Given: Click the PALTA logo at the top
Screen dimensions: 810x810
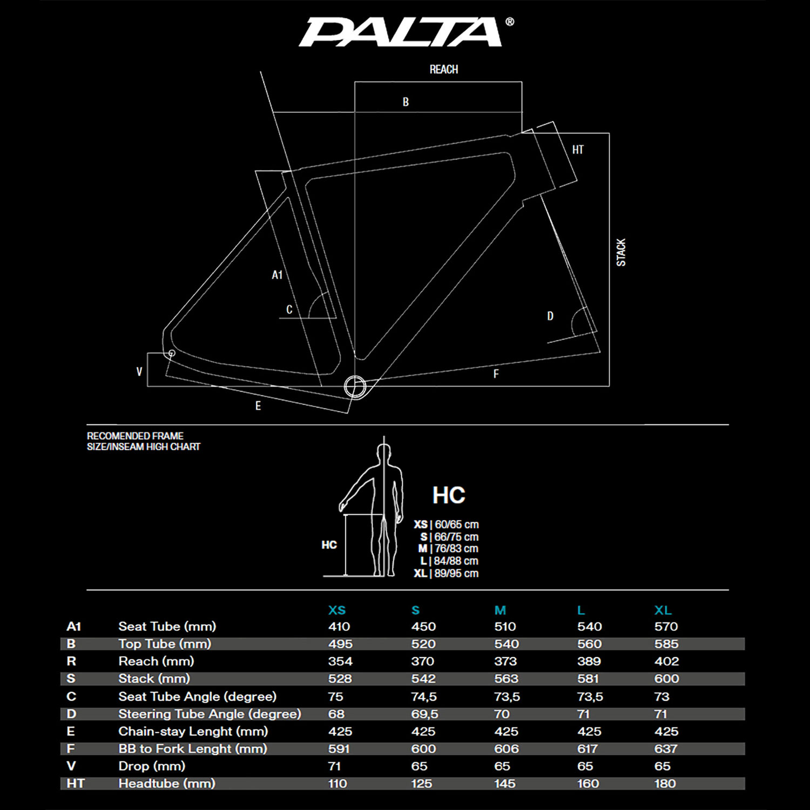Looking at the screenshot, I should click(402, 32).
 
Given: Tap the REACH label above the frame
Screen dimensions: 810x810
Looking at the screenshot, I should click(443, 70).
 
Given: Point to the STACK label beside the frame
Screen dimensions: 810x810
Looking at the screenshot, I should click(621, 252).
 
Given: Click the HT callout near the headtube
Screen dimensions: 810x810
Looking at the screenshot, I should click(578, 150).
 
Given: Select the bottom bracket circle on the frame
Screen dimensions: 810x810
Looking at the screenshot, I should click(355, 387).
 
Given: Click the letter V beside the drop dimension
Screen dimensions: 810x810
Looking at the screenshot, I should click(139, 372).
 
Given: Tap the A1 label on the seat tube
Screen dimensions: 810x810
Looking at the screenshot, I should click(277, 275).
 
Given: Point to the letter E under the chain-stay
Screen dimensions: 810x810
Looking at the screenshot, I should click(258, 406).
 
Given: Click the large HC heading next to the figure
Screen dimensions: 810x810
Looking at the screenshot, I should click(449, 495).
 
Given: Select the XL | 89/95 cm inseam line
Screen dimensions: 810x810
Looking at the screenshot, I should click(446, 573).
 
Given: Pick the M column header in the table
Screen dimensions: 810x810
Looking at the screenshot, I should click(500, 610).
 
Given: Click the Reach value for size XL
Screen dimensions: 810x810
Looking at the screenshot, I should click(666, 661).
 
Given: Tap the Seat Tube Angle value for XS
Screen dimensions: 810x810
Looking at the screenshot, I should click(335, 697).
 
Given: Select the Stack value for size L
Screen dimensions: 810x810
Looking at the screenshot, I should click(588, 679).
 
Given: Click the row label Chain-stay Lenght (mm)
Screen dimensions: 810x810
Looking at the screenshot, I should click(193, 731).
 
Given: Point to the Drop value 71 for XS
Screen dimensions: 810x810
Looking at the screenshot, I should click(334, 766).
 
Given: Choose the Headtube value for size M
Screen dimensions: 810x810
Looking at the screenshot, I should click(504, 784).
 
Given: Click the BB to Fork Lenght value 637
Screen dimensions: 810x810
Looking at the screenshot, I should click(665, 749).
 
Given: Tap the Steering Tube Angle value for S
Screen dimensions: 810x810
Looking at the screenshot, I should click(424, 714).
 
